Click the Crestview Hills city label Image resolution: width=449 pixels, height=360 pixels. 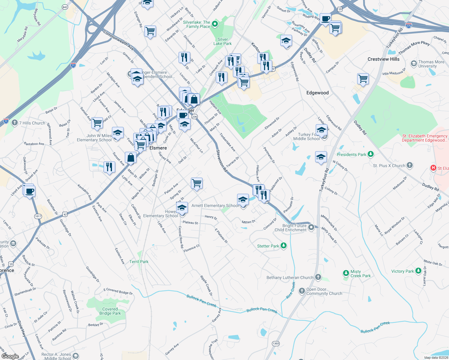coord(383,59)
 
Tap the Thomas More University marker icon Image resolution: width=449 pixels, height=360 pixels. coord(414,64)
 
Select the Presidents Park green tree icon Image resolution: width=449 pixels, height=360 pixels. coord(371,154)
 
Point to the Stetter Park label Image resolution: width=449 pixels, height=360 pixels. coord(268,246)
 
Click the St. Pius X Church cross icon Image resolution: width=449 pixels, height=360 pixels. coord(410,165)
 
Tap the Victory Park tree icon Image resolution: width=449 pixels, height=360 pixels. coord(418,271)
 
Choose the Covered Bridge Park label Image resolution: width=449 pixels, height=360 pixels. coord(110,311)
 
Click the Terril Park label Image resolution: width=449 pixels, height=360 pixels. coord(139,262)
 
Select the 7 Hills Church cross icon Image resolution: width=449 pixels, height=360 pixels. coord(14,123)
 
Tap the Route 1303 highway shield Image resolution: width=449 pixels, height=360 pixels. coord(276,343)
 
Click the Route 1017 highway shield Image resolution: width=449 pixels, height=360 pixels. coord(38,216)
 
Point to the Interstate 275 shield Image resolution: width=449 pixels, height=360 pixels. coord(408,25)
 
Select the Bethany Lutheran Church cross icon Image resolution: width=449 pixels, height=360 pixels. coord(318,277)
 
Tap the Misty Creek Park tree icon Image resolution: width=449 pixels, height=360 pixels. coord(346,273)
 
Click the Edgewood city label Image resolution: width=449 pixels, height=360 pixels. coord(317,93)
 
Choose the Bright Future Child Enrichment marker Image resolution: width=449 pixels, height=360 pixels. coord(311,227)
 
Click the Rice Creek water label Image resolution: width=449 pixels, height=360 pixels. coord(291,290)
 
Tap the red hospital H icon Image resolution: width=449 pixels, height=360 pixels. coord(433,168)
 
